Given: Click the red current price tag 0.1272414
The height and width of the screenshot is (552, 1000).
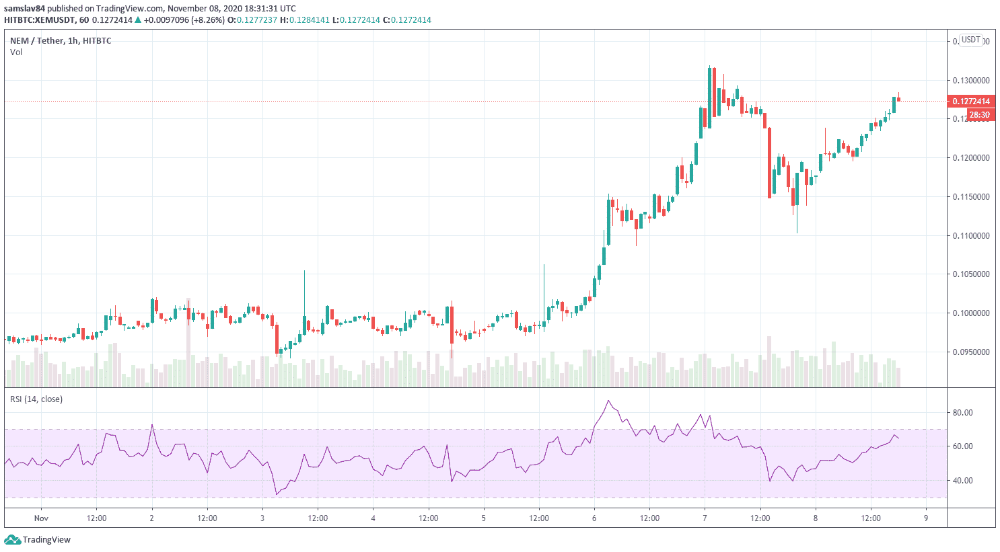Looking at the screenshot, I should tap(971, 102).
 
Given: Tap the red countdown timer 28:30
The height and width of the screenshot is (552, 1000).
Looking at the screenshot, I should tap(979, 115).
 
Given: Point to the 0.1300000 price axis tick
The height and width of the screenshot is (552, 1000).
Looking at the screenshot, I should tap(971, 81).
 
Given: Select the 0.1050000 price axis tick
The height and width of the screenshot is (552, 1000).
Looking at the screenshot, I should tap(971, 274).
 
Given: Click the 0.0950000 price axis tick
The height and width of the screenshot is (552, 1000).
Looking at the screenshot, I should tap(971, 352).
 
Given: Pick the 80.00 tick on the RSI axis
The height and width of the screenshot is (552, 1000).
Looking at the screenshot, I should tap(963, 413).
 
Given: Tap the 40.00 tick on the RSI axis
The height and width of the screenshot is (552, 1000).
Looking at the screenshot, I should tap(963, 481).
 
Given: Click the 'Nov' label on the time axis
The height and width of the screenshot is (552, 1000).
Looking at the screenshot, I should tap(41, 518).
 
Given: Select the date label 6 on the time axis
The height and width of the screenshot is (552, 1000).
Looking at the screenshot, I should tap(594, 518).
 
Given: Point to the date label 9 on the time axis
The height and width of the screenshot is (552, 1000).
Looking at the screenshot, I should tap(926, 518).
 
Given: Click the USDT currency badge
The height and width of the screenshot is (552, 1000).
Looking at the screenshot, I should tap(970, 40).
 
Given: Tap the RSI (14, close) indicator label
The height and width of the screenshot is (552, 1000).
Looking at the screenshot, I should tap(36, 399).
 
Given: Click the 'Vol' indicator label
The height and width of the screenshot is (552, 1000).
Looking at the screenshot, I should tap(16, 52).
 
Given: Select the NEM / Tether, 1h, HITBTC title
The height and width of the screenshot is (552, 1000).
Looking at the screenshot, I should tap(61, 41).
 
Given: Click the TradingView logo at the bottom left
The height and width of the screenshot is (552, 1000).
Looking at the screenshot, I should tap(38, 540).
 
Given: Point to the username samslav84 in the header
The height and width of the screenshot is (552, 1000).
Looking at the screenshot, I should tap(24, 9).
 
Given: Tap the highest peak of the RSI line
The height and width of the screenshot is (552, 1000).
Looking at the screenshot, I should tap(609, 401).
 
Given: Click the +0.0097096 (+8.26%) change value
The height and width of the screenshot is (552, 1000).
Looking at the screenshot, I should tap(184, 20).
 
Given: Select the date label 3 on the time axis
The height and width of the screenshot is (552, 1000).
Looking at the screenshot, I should tap(262, 518).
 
